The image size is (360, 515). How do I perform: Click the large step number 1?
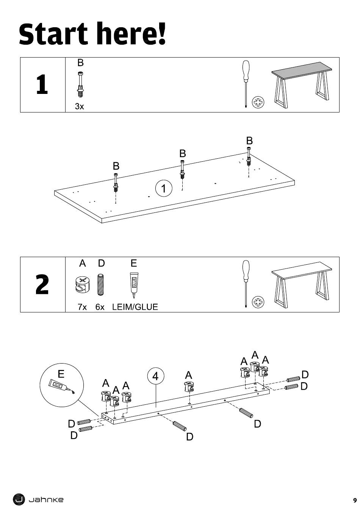point(42,84)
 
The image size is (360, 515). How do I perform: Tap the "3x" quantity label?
point(79,106)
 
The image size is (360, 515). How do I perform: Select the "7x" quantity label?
point(82,307)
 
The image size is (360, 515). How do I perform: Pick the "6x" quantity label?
point(100,307)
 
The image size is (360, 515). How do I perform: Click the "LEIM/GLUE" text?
point(135,307)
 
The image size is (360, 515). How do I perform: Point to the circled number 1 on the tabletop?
point(164,188)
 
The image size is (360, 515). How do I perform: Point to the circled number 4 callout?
point(155,376)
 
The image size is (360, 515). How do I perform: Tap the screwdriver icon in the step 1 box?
point(246,83)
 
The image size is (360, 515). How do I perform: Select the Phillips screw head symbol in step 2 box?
point(258,302)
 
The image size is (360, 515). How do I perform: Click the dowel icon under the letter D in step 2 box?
point(101,284)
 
